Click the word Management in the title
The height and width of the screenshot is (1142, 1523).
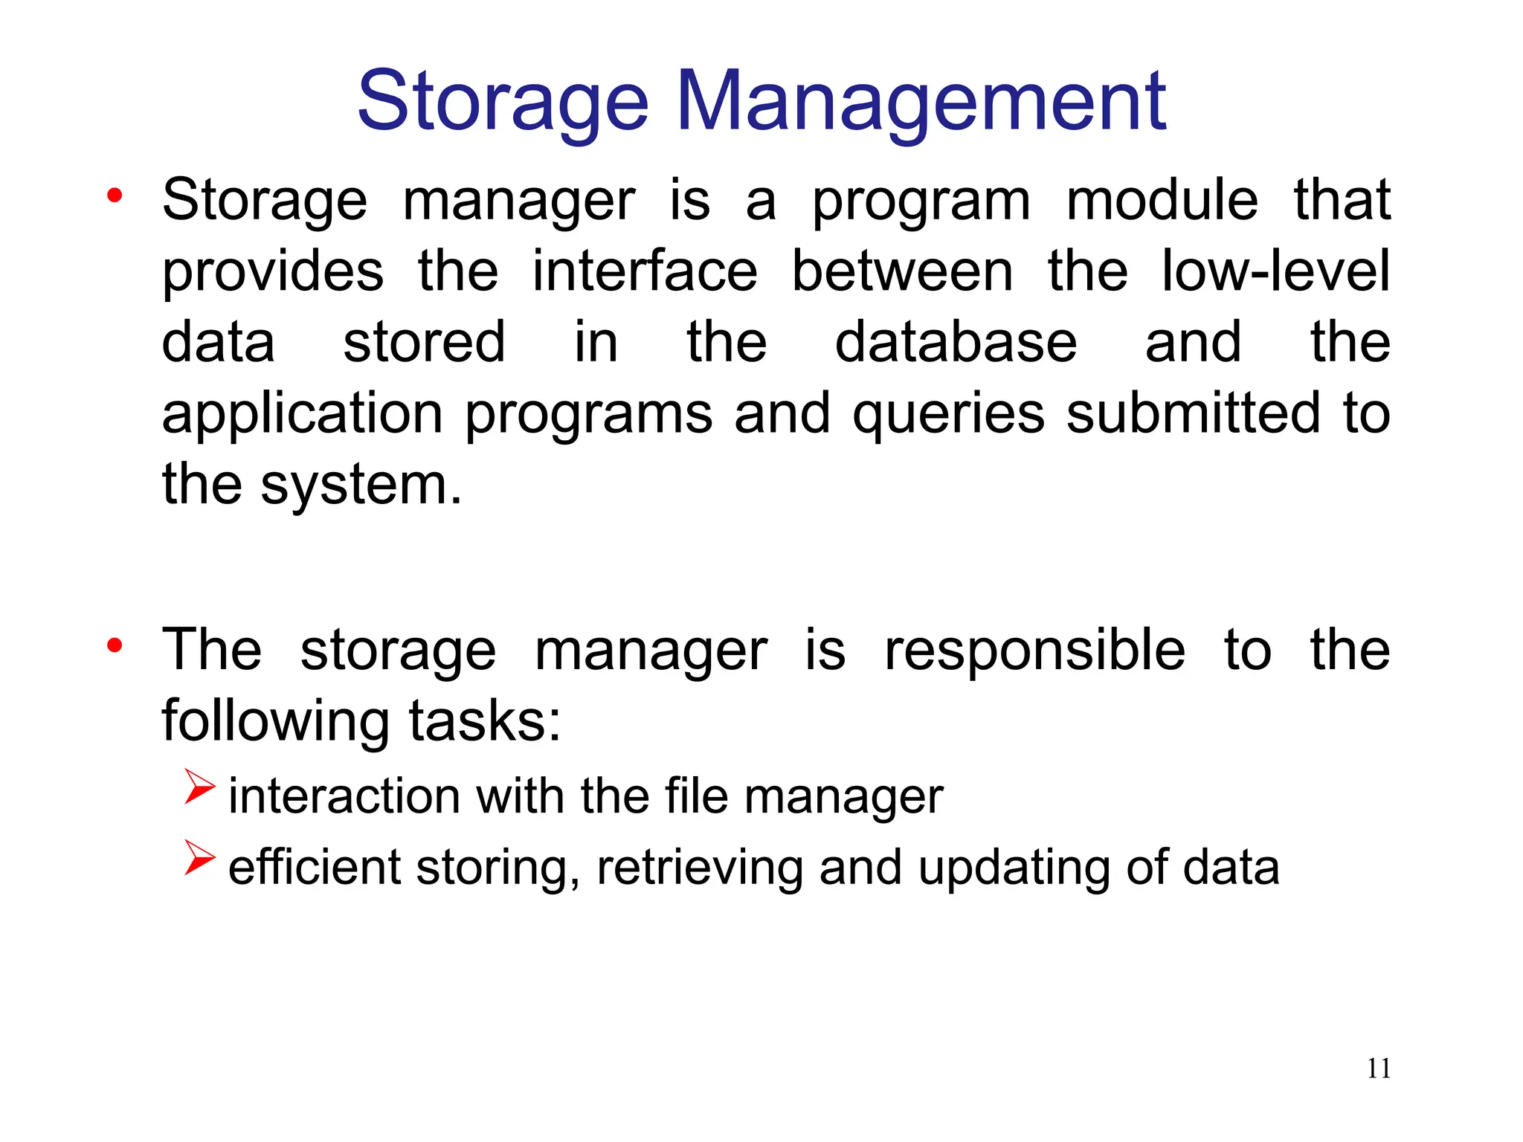[x=922, y=102]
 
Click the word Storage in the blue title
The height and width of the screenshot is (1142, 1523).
[x=503, y=102]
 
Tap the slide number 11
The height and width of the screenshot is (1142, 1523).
[x=1379, y=1068]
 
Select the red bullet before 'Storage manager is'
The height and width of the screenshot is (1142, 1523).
[x=114, y=196]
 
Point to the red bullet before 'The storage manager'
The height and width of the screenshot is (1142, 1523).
[x=114, y=645]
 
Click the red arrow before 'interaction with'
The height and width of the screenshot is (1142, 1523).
[x=199, y=787]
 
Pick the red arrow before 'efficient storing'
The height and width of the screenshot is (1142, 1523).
[x=199, y=857]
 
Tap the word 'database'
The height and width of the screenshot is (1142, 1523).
[x=956, y=342]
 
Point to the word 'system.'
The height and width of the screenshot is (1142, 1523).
[x=361, y=485]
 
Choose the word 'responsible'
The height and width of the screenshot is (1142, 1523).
[x=1034, y=650]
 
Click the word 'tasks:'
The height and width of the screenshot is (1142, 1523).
[x=485, y=721]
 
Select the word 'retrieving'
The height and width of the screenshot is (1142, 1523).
[x=699, y=868]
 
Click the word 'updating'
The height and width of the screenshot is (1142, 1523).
[x=1014, y=868]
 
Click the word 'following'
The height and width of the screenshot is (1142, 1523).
[x=276, y=721]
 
